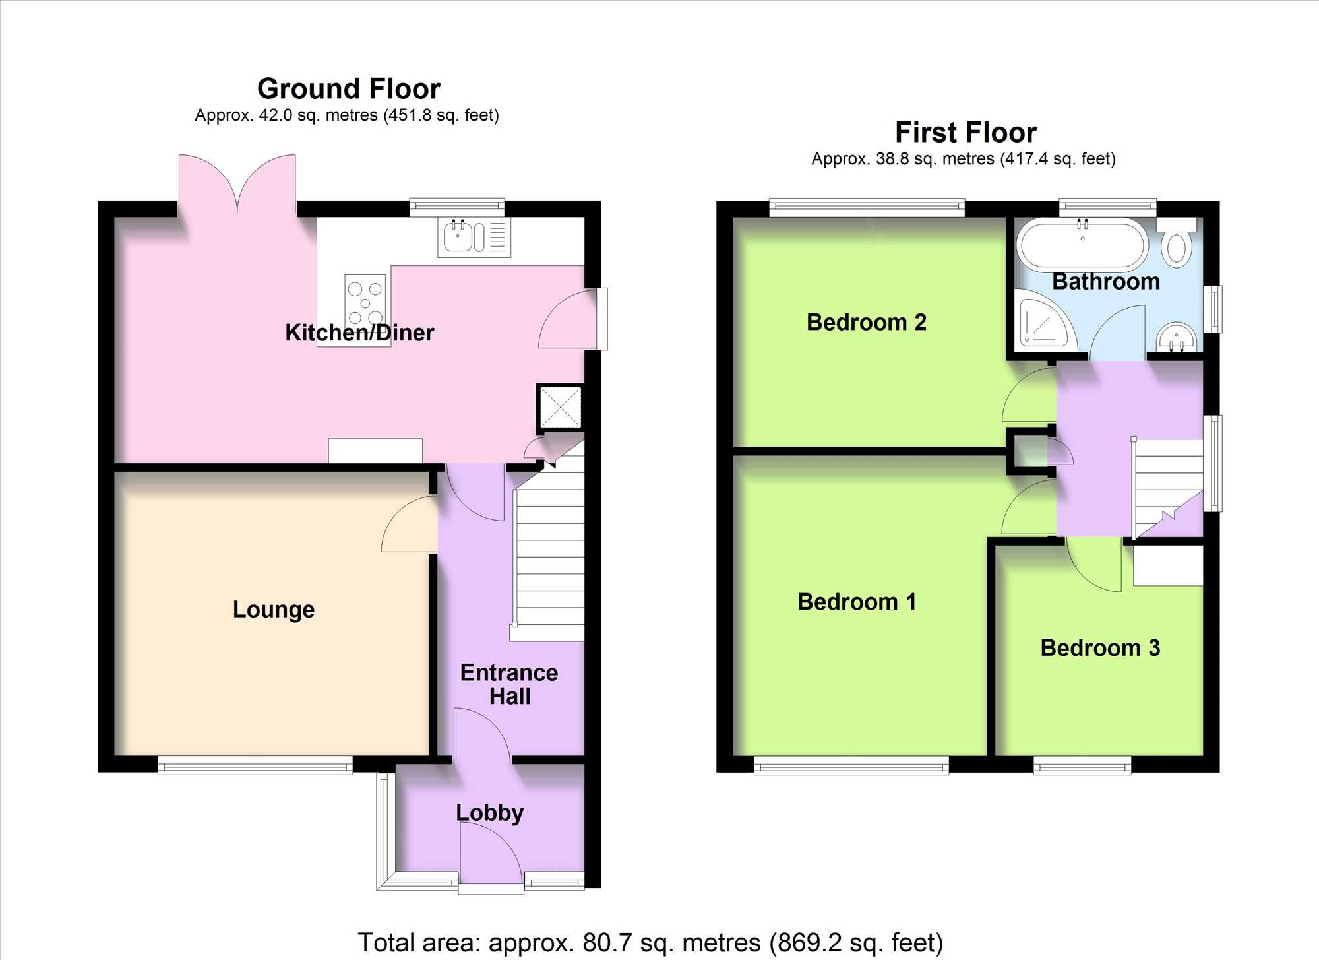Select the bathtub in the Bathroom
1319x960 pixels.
(1082, 245)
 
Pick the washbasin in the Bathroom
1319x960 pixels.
(1176, 337)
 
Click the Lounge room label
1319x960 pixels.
(273, 609)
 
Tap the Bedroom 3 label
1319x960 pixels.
(1099, 648)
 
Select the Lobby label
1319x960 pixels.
(489, 812)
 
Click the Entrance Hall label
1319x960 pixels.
(509, 684)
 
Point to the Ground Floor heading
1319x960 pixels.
(348, 88)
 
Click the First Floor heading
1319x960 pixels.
(966, 132)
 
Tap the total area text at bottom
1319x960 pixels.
(650, 942)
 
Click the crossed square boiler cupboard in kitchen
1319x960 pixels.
(561, 408)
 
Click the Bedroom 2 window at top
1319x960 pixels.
(867, 207)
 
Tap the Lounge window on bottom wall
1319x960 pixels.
(255, 765)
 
